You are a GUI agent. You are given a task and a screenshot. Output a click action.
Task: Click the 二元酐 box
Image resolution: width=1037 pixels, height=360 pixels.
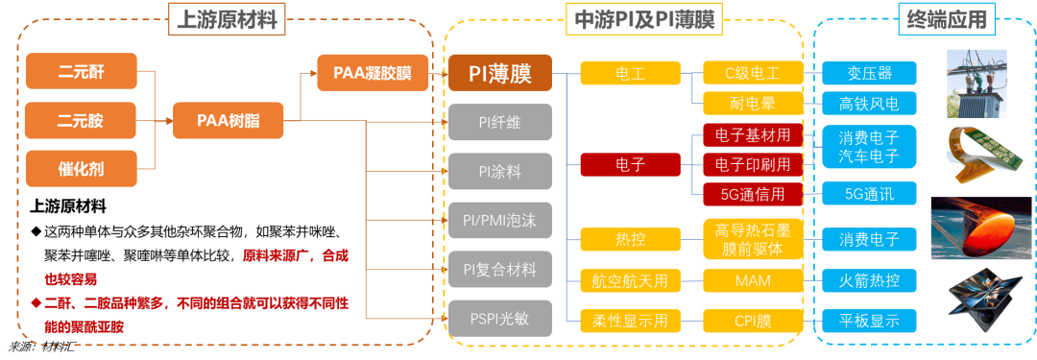coord(82,73)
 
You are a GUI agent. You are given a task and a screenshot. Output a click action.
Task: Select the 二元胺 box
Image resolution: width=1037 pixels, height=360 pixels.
coord(82,121)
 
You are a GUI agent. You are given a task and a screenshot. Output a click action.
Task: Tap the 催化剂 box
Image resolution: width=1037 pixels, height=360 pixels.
coord(82,169)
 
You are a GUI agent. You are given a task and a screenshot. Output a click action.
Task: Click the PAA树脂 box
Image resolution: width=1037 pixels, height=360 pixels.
coord(229,121)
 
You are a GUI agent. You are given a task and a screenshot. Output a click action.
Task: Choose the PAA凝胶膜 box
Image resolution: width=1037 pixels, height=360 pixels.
coord(374,73)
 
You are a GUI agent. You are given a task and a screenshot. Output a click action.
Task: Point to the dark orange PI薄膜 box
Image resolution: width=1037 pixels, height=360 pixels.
coord(499,73)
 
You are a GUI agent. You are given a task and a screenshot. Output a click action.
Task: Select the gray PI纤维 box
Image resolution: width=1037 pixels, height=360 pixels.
coord(499,122)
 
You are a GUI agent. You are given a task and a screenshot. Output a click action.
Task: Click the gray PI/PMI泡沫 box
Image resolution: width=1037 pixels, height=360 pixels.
coord(499,220)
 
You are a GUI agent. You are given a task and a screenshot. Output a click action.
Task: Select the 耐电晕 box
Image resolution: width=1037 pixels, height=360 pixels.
coord(752,103)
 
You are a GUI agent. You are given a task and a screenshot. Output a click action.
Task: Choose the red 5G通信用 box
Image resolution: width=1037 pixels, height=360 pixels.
coord(752,194)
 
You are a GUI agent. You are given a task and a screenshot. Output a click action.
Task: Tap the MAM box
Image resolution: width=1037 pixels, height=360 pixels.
coord(752,281)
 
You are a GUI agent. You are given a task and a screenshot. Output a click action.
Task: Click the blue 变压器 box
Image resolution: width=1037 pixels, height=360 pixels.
coord(869,73)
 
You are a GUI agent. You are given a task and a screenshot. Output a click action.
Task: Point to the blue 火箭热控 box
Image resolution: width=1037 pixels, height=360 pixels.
coord(869,281)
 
